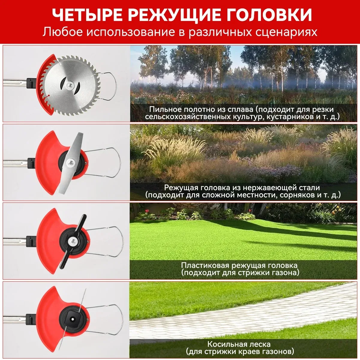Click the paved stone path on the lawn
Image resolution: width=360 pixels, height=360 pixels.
(240, 312)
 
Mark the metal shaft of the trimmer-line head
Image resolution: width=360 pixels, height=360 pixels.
(15, 318)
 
